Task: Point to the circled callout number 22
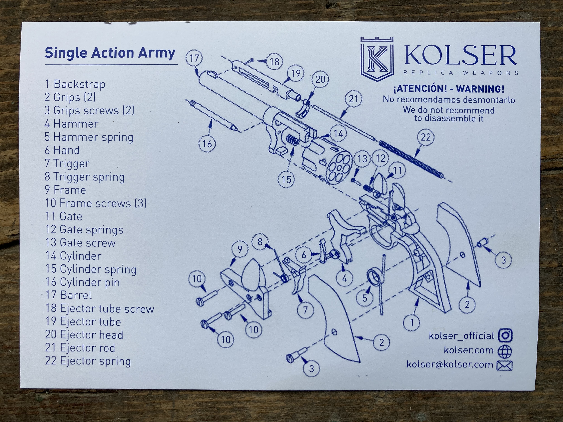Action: [426, 137]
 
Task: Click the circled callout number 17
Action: [194, 58]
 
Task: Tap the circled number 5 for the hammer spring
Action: [364, 298]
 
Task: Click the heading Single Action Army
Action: [110, 53]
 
